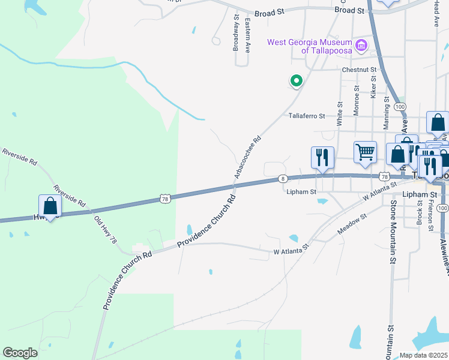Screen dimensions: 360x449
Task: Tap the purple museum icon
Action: coord(361,45)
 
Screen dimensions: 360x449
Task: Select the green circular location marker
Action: coord(295,80)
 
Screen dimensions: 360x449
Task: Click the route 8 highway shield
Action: coord(283,179)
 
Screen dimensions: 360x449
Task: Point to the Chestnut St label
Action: coord(359,70)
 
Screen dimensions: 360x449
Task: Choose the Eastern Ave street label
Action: coord(247,35)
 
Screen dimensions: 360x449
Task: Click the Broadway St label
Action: coord(236,34)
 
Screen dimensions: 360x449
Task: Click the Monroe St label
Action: coord(357,100)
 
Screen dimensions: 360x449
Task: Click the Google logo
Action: coord(20,353)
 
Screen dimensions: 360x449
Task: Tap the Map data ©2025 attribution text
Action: coord(424,355)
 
